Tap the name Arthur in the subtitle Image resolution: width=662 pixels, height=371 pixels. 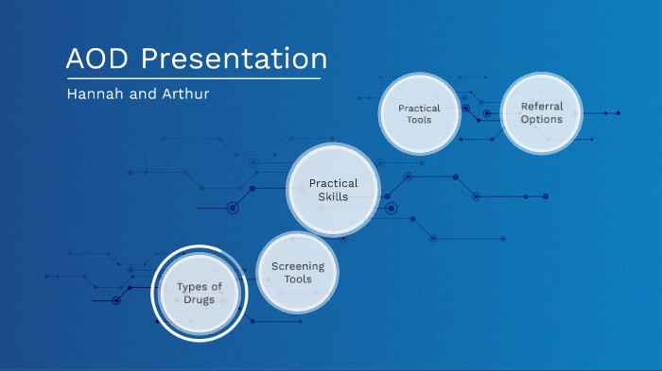[x=183, y=94]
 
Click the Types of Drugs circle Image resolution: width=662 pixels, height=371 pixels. [x=200, y=293]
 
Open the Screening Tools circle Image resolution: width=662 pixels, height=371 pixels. [x=298, y=273]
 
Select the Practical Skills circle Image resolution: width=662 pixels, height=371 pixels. [x=333, y=190]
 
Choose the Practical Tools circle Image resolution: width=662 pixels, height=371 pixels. [x=419, y=114]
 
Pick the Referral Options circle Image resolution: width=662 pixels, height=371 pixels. [x=541, y=113]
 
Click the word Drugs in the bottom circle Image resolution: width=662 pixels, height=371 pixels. [x=200, y=299]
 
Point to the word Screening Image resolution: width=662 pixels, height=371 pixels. [x=298, y=266]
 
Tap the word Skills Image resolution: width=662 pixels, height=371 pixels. [x=333, y=197]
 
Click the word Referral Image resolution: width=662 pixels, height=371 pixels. [x=541, y=107]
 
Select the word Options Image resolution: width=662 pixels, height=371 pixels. [x=541, y=120]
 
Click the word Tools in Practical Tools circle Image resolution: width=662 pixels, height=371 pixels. [x=419, y=121]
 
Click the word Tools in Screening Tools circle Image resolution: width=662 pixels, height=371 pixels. [x=298, y=279]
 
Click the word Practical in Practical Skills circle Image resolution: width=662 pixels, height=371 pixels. [x=333, y=183]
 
